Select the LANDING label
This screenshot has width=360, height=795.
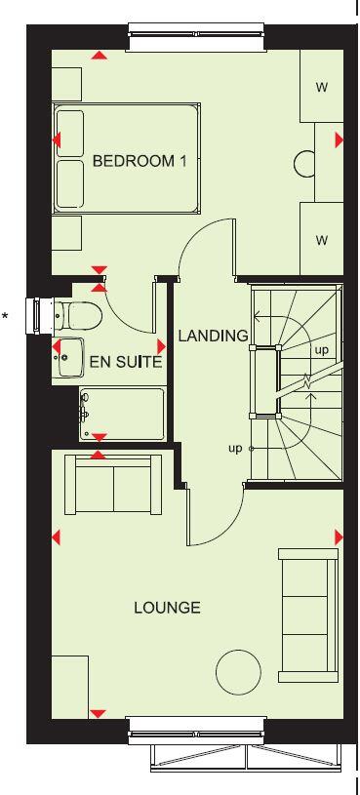[x=213, y=337]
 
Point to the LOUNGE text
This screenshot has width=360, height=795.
[x=167, y=608]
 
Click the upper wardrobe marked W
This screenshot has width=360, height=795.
[x=321, y=87]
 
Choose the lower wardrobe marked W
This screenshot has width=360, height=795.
[x=321, y=239]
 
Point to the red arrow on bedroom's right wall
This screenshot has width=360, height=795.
[x=340, y=140]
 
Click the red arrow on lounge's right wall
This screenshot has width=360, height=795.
[x=340, y=537]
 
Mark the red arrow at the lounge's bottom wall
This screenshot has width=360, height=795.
[x=98, y=714]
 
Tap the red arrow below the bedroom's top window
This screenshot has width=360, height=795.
[x=99, y=55]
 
